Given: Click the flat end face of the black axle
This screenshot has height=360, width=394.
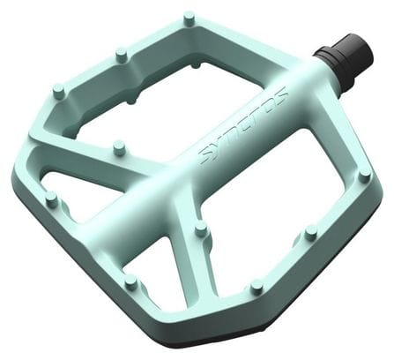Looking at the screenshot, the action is coord(362,44).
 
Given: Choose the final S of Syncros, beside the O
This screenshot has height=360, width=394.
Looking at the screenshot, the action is coord(280,94).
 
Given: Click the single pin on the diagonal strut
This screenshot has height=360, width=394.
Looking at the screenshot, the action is coord(118,148).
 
